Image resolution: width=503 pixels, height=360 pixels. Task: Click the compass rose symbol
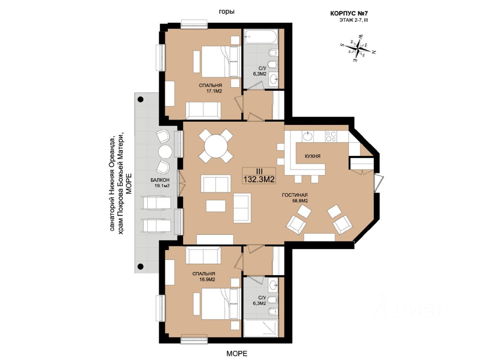(358, 48)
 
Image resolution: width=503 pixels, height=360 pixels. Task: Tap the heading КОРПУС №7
(349, 13)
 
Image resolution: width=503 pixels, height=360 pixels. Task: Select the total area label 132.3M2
(259, 179)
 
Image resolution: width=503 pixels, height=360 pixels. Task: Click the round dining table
(216, 146)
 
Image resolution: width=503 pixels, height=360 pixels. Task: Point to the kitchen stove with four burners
(331, 136)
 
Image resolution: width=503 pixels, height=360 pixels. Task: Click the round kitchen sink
(307, 136)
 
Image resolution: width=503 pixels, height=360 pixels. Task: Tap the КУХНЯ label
(312, 156)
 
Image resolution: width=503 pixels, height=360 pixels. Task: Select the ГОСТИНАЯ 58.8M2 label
(295, 197)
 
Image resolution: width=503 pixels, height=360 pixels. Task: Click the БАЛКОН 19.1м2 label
(160, 183)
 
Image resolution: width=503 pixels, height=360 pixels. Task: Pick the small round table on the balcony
(165, 152)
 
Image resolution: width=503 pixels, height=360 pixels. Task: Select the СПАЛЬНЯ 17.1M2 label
(210, 88)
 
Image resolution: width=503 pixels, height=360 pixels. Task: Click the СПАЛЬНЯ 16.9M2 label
(204, 276)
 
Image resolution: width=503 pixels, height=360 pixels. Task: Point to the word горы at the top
(227, 12)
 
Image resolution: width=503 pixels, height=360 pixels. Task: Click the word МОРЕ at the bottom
(237, 353)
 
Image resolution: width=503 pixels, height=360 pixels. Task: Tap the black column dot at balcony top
(141, 99)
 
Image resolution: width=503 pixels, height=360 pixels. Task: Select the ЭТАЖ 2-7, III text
(353, 20)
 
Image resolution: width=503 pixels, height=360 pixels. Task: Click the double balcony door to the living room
(181, 183)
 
